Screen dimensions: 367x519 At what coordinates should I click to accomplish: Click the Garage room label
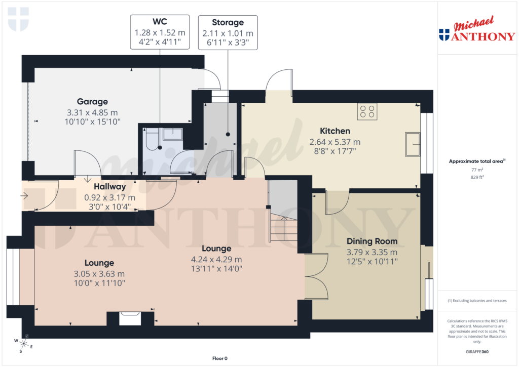pos(92,102)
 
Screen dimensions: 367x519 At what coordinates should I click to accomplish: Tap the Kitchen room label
pos(335,131)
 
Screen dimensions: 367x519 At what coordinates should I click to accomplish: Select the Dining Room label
pos(372,241)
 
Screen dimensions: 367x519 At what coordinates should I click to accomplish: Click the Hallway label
pos(109,187)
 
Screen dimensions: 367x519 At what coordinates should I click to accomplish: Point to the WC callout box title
pos(160,23)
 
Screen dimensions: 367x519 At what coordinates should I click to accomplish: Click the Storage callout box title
pos(228,23)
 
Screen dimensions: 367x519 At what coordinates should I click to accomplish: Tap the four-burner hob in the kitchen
pos(367,111)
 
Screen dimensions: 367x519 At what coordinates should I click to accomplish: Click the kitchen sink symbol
pos(413,144)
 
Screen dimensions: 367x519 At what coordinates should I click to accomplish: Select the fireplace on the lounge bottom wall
pos(130,318)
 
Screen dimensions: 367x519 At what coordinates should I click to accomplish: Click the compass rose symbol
pos(23,344)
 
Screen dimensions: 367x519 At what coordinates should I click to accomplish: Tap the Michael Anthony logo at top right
pos(476,30)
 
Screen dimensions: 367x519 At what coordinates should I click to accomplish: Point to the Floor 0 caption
pos(220,358)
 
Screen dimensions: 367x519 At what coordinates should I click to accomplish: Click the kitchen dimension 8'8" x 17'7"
pos(335,151)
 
